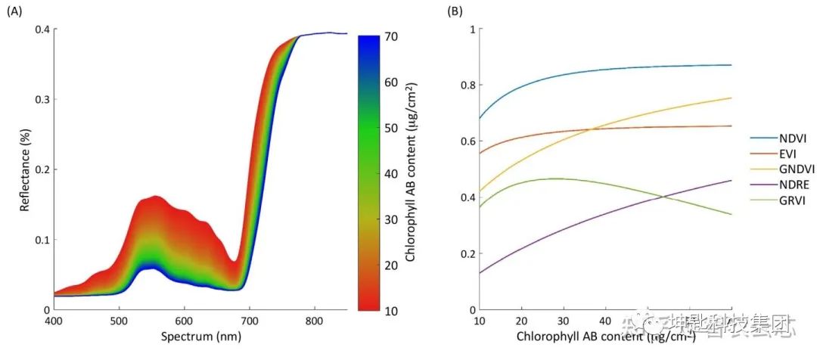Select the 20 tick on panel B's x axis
521,321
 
